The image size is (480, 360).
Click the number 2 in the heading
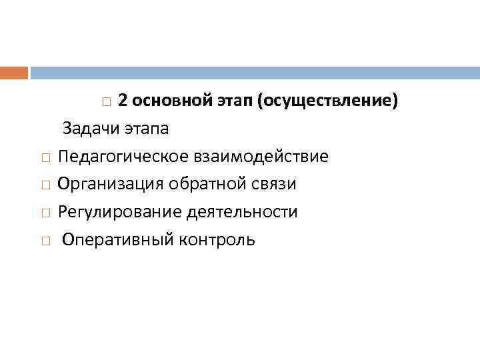coord(123,101)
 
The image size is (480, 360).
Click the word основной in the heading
coord(171,101)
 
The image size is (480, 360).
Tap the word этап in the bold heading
coord(237,101)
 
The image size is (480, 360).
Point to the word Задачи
coord(90,129)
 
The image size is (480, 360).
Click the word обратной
coord(203,184)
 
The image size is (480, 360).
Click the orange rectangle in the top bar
coord(14,72)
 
